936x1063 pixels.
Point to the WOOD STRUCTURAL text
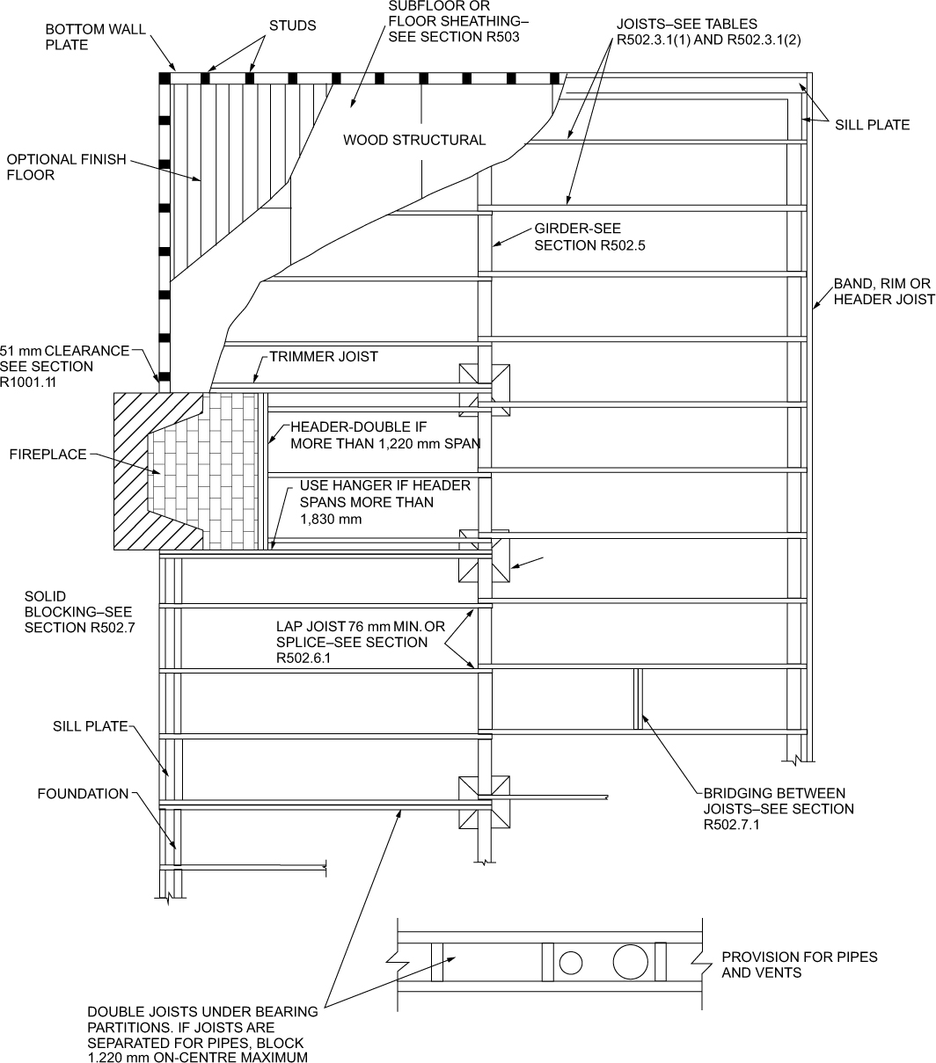click(x=413, y=140)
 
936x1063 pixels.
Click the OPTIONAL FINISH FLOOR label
click(x=66, y=167)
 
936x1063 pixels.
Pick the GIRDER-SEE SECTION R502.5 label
click(x=589, y=237)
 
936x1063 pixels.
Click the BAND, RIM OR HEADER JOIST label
click(x=883, y=292)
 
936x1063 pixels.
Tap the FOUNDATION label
click(x=83, y=794)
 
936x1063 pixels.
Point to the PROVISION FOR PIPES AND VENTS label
click(x=799, y=965)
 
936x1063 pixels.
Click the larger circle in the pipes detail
click(x=630, y=961)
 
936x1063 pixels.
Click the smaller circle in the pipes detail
click(x=571, y=963)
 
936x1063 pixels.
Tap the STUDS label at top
click(x=293, y=26)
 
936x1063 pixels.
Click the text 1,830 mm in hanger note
click(x=332, y=520)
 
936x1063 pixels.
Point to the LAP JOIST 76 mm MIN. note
click(x=351, y=642)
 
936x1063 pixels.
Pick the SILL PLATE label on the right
click(x=872, y=125)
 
